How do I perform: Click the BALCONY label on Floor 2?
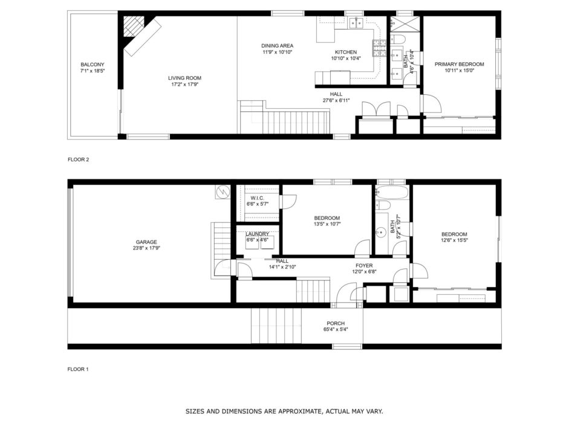pyautogui.click(x=92, y=65)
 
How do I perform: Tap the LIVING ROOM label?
pyautogui.click(x=184, y=78)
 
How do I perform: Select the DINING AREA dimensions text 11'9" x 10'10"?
pyautogui.click(x=277, y=52)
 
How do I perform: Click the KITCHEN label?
pyautogui.click(x=345, y=52)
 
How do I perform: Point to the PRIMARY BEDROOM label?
pyautogui.click(x=459, y=64)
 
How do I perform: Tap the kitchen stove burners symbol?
pyautogui.click(x=379, y=48)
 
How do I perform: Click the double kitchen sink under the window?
pyautogui.click(x=356, y=23)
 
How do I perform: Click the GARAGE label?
pyautogui.click(x=146, y=242)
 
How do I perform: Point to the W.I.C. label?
pyautogui.click(x=257, y=198)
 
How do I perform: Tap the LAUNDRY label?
pyautogui.click(x=257, y=234)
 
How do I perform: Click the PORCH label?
pyautogui.click(x=336, y=323)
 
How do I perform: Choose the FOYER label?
pyautogui.click(x=364, y=266)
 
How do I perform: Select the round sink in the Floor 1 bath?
pyautogui.click(x=381, y=231)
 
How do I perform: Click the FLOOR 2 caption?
pyautogui.click(x=78, y=160)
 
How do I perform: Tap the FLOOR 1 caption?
pyautogui.click(x=78, y=369)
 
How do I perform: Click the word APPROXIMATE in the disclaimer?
pyautogui.click(x=299, y=411)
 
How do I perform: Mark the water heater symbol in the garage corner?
pyautogui.click(x=222, y=192)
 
